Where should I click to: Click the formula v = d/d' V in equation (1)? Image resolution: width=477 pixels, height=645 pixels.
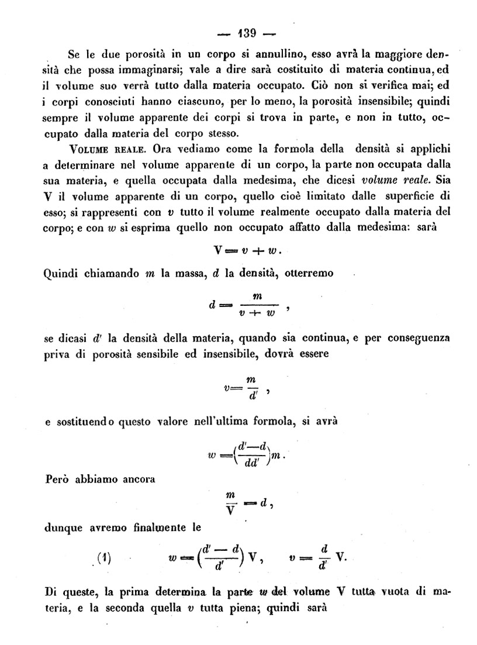[319, 557]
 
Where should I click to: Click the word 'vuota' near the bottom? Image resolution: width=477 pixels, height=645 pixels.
[396, 591]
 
